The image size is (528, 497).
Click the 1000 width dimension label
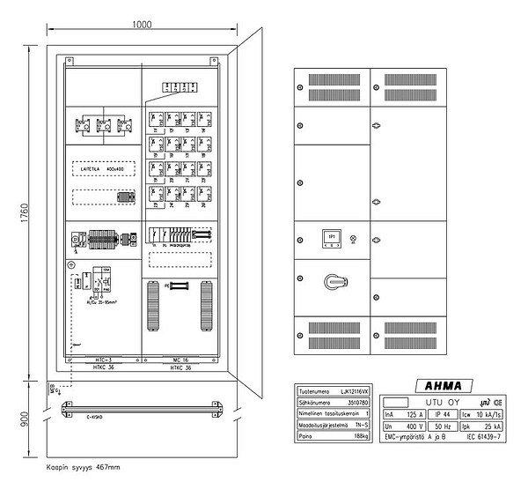tap(143, 25)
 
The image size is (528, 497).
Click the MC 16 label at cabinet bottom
tap(181, 360)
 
